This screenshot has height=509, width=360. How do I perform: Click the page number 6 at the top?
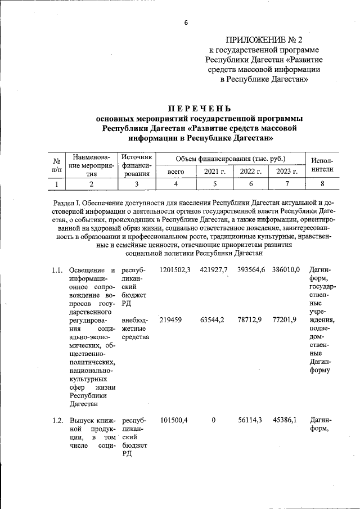click(185, 22)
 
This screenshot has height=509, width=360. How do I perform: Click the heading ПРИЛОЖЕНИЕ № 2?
click(264, 39)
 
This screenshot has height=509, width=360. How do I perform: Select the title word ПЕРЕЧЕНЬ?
click(200, 108)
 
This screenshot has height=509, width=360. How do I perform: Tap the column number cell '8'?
click(322, 184)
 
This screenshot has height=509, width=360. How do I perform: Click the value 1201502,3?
click(175, 271)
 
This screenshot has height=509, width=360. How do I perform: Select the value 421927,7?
click(214, 271)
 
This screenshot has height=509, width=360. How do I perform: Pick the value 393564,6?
click(250, 271)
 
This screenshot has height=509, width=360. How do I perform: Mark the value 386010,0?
click(287, 271)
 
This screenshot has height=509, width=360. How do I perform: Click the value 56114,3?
click(250, 420)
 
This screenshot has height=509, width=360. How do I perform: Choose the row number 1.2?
click(55, 420)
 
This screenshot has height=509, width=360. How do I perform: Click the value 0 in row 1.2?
click(214, 420)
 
